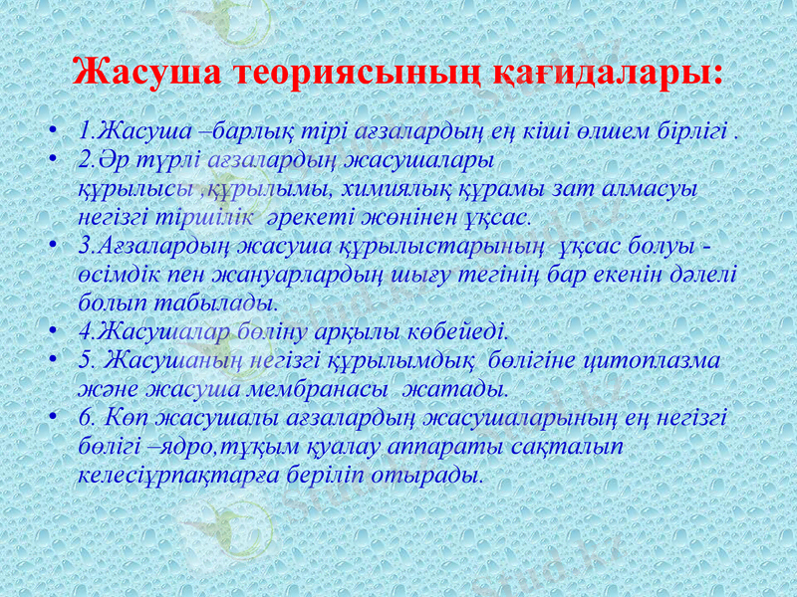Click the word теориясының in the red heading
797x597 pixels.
tap(334, 72)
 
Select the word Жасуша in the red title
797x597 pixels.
tap(148, 72)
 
